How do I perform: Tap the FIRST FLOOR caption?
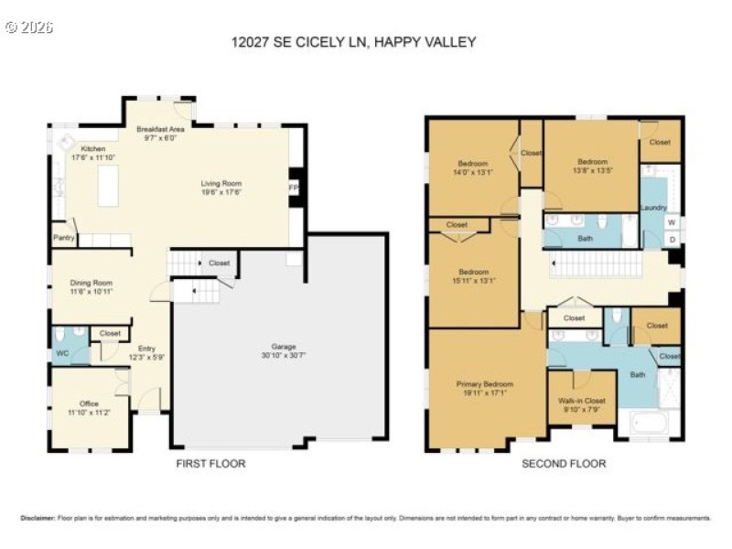(210, 464)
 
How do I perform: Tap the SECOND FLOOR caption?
(564, 464)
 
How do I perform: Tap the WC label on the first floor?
(62, 352)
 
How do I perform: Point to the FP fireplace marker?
(294, 188)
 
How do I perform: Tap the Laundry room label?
(653, 208)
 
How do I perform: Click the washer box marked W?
(673, 222)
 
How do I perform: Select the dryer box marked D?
(673, 240)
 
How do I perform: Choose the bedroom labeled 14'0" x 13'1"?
(473, 167)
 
